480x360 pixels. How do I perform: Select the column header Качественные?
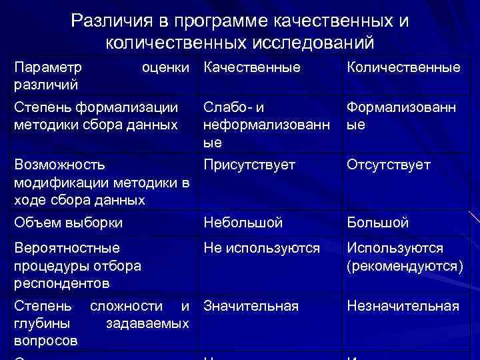[252, 67]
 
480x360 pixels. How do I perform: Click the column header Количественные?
[403, 67]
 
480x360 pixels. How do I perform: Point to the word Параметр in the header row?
[49, 67]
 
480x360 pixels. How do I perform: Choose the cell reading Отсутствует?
[389, 165]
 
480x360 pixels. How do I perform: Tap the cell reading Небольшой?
[243, 223]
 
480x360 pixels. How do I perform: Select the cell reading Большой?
[377, 223]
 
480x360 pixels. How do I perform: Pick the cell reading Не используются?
[261, 248]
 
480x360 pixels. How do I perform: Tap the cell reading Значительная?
[251, 306]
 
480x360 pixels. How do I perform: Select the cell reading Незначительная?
[403, 306]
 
